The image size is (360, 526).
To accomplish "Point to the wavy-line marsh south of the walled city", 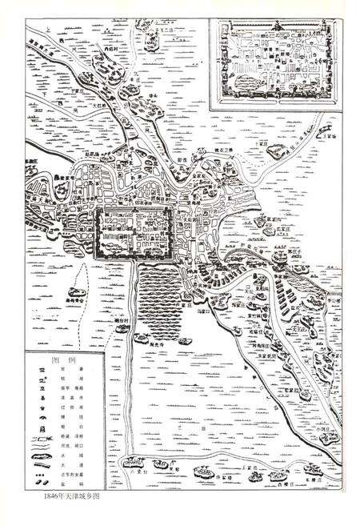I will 165,296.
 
